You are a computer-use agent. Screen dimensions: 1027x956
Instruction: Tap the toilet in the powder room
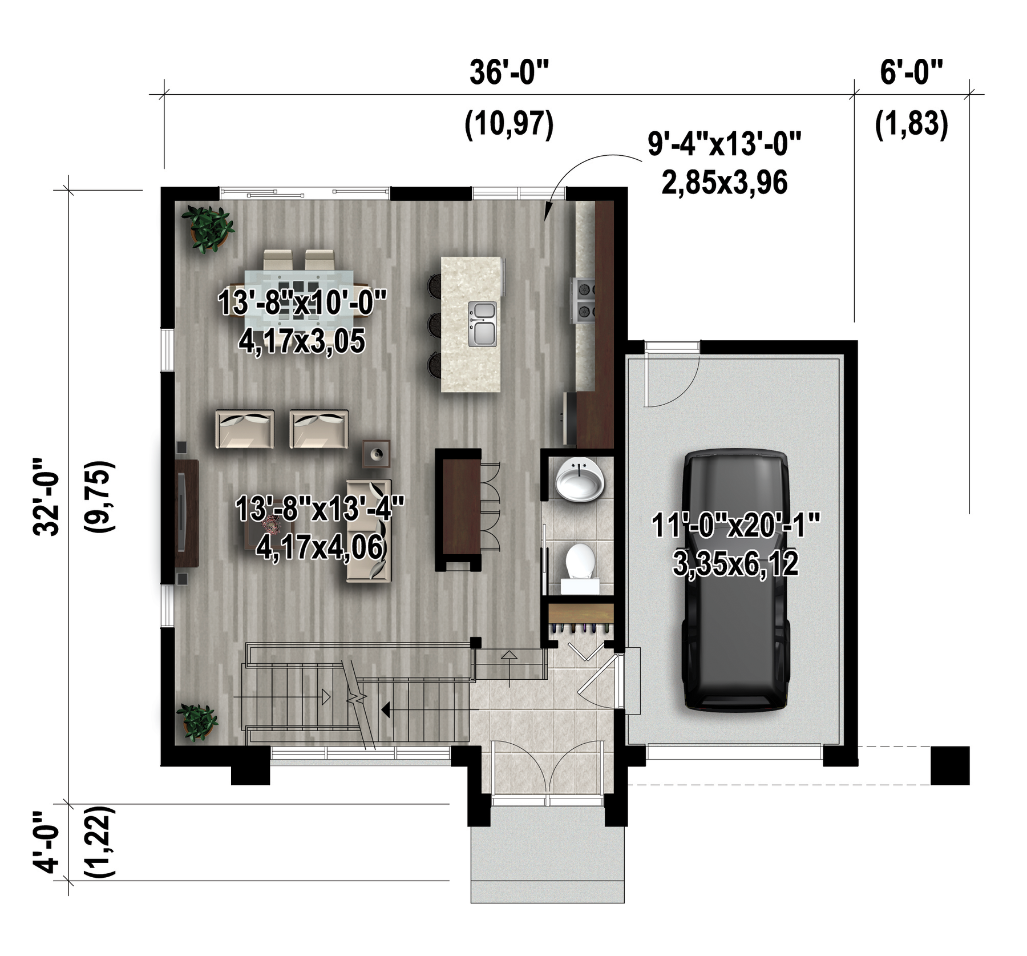(580, 568)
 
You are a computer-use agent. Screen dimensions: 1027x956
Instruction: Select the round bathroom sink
(579, 479)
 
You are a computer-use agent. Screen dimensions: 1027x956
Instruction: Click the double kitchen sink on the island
(483, 324)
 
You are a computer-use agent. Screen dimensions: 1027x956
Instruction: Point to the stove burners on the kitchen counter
(585, 300)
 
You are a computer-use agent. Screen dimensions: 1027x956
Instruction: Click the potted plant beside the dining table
(208, 228)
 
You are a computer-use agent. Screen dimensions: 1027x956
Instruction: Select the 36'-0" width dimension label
(509, 72)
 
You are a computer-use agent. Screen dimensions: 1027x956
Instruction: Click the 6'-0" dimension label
(911, 72)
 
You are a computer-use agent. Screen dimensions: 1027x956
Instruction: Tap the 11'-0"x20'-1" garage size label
(736, 526)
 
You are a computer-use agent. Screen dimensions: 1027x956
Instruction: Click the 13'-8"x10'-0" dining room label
(302, 302)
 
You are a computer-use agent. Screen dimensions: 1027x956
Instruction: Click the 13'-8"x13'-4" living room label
(320, 509)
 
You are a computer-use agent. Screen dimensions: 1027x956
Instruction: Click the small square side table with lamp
(377, 454)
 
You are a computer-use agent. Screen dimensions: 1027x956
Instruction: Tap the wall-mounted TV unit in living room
(187, 513)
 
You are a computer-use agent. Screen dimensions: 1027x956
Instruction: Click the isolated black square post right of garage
(950, 765)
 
